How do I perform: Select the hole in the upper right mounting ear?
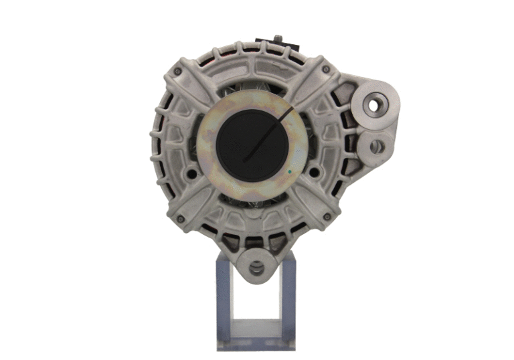pos(373,105)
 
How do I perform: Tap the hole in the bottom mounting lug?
pos(256,269)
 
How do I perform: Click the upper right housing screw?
pos(326,69)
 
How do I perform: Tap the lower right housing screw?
pos(326,216)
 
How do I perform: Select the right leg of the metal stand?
pos(288,301)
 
